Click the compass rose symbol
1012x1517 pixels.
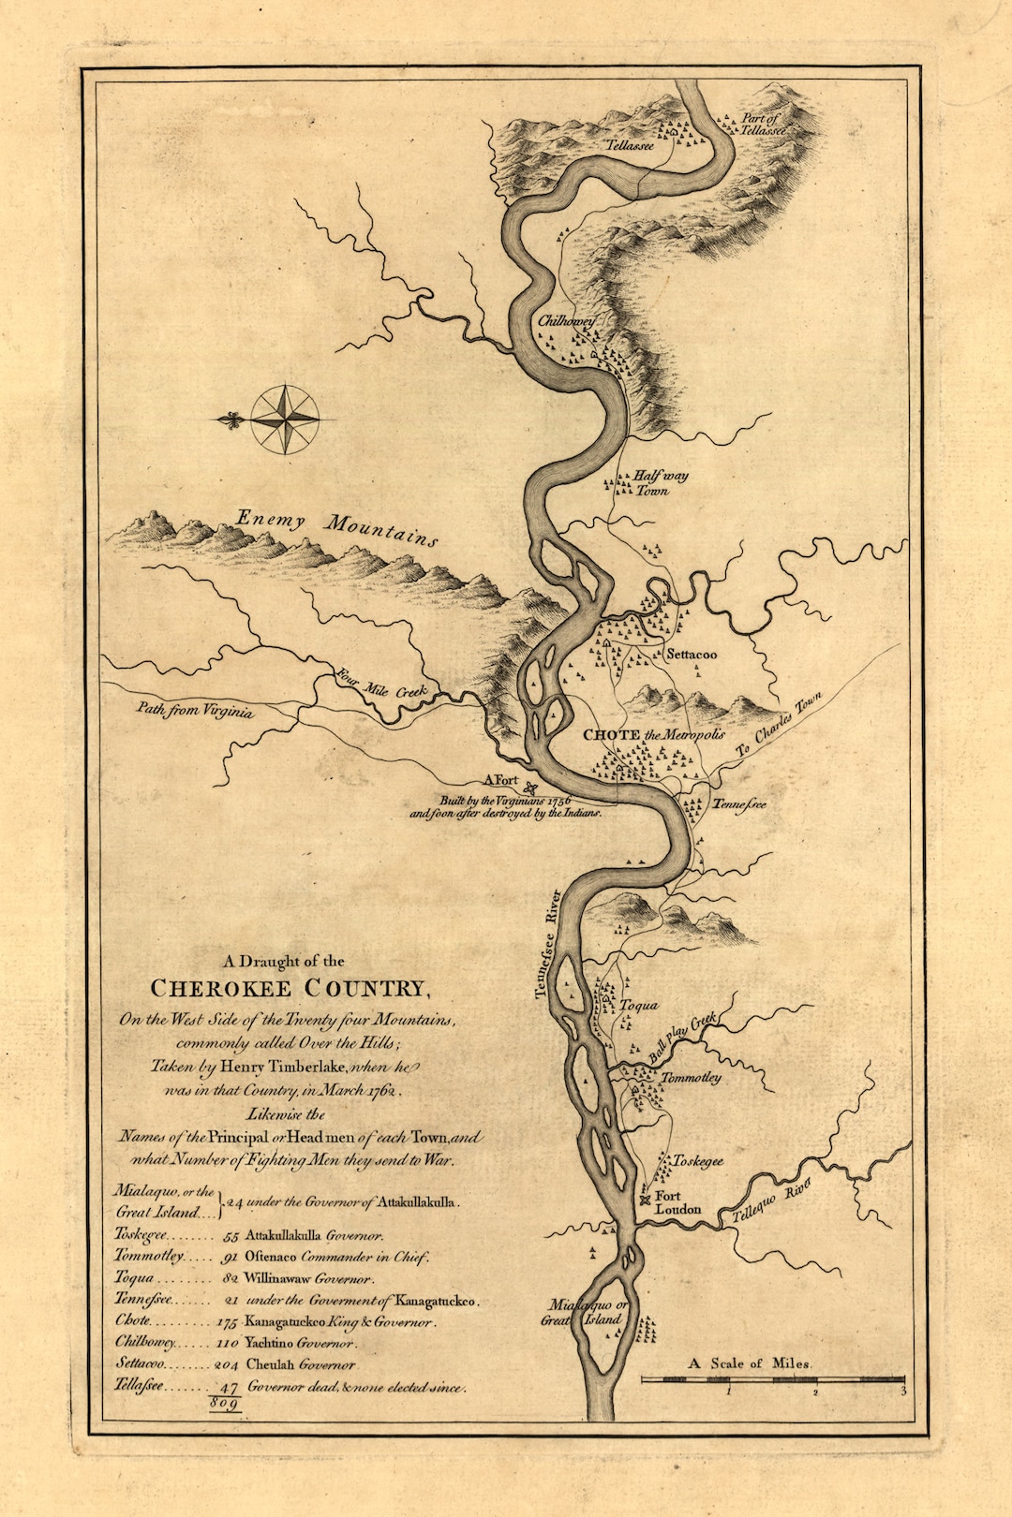click(284, 420)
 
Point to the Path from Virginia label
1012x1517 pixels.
click(195, 711)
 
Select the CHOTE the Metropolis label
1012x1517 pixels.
click(654, 735)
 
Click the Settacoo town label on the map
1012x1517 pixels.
click(692, 655)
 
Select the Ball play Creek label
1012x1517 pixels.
click(683, 1037)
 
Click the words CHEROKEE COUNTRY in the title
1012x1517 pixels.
click(288, 989)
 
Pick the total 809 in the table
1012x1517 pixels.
click(226, 1404)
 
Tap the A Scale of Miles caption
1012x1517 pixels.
click(751, 1363)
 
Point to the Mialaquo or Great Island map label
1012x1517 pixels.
click(588, 1312)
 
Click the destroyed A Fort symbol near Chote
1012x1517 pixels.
click(531, 788)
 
